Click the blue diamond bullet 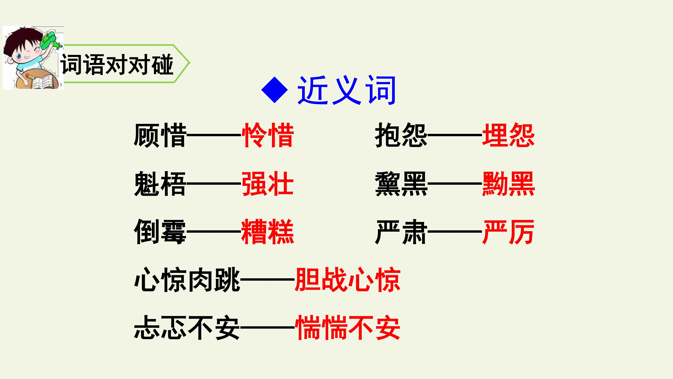pyautogui.click(x=275, y=90)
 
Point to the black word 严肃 pyautogui.click(x=401, y=232)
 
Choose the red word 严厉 pyautogui.click(x=508, y=232)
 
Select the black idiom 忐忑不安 pyautogui.click(x=187, y=327)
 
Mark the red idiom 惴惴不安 pyautogui.click(x=348, y=327)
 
